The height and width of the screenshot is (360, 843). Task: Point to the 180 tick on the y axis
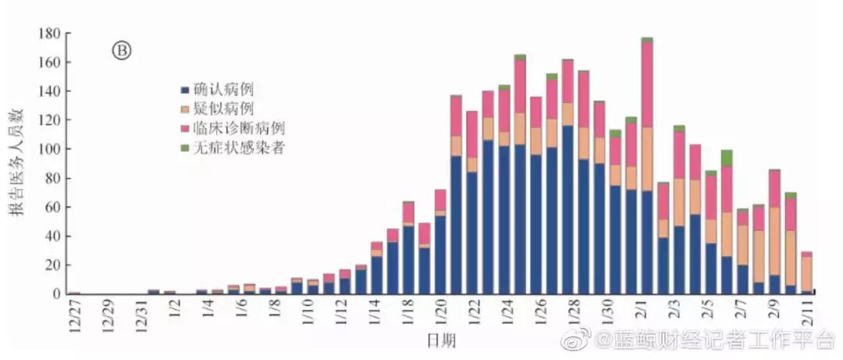tap(48, 34)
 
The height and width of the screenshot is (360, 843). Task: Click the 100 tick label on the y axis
tap(48, 149)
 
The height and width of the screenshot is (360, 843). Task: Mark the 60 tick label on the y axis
tap(52, 207)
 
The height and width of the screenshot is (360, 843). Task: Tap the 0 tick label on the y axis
tap(55, 294)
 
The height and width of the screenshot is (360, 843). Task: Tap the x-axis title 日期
tap(441, 341)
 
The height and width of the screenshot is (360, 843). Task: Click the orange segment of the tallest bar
tap(647, 159)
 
